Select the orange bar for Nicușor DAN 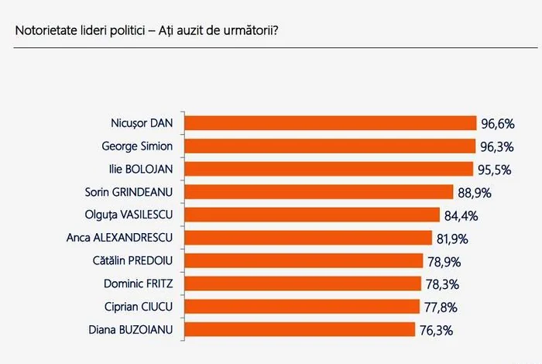click(332, 123)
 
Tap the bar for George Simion click(331, 146)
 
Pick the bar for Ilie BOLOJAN click(330, 169)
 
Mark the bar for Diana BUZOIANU click(301, 330)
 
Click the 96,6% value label click(497, 123)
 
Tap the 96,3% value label click(496, 146)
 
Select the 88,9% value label click(474, 192)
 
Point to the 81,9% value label click(453, 238)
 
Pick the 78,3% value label click(442, 284)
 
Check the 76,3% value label click(436, 330)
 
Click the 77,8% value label click(441, 307)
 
